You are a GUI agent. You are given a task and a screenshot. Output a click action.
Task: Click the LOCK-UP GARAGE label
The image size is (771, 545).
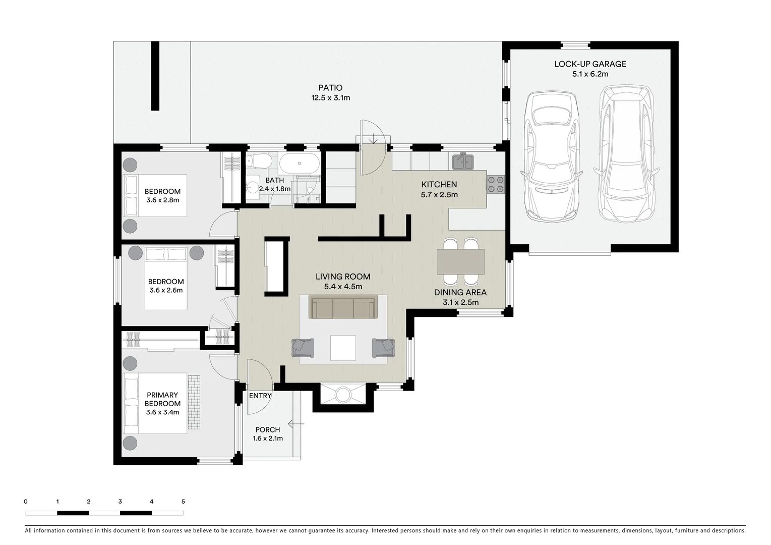coord(590,64)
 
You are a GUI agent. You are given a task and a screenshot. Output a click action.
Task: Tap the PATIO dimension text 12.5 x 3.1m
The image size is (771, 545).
coord(330,98)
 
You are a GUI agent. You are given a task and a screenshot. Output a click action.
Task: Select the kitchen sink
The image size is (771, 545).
coord(462,161)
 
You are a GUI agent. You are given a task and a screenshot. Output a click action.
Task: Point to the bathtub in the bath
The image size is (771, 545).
coord(300,163)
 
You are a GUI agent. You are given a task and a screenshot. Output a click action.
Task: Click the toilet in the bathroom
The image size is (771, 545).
coord(259,161)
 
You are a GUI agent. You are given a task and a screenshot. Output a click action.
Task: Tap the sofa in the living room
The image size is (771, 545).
coord(343,308)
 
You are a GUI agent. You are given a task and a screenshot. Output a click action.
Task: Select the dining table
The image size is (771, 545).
coord(460,261)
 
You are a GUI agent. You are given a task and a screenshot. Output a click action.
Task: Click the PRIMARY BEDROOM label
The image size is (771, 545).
coord(162,399)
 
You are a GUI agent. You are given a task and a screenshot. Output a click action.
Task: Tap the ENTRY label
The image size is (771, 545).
coord(260,396)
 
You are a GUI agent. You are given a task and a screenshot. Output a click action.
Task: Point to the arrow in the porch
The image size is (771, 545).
coord(296,424)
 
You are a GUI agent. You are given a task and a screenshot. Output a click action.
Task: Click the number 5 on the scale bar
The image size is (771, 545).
coord(183,502)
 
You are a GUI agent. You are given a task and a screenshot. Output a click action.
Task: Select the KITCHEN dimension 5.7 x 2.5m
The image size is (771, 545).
coord(439,194)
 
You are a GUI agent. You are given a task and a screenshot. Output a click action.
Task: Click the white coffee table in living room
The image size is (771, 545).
coord(343,348)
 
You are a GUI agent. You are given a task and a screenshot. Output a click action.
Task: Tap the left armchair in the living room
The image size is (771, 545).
coord(303,347)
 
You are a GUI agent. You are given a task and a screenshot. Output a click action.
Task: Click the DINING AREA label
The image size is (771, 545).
coord(460,292)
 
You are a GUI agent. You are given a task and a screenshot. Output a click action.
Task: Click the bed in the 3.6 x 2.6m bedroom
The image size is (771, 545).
coord(166,278)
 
